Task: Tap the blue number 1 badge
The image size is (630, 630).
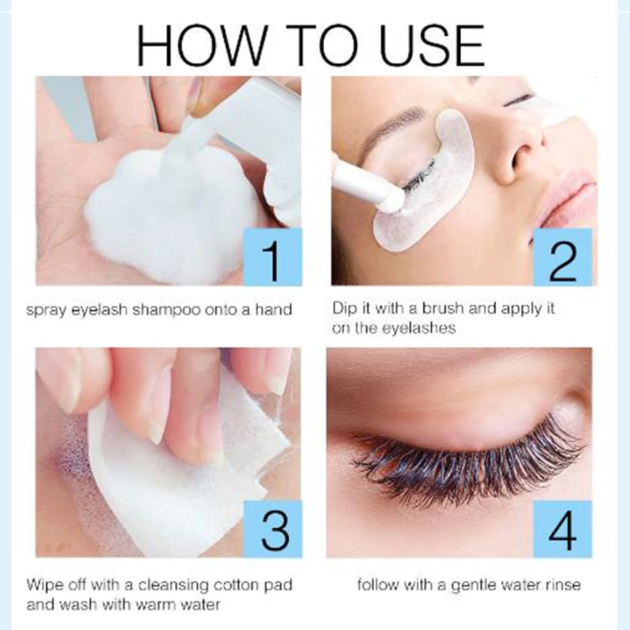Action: [x=273, y=257]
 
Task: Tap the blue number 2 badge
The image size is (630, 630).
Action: [x=562, y=257]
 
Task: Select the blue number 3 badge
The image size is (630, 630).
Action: [x=273, y=528]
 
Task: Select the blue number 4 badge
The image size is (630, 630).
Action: [x=562, y=528]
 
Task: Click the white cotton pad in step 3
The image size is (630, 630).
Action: [x=185, y=486]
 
